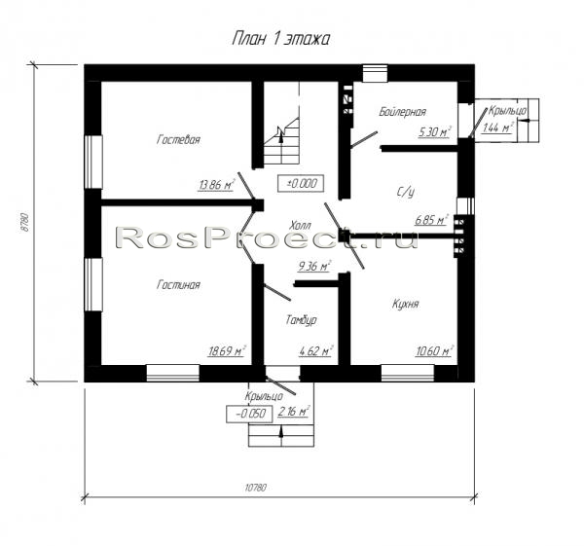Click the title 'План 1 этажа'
click(281, 39)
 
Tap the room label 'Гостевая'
click(178, 140)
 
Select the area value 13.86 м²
click(216, 184)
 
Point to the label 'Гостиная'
click(178, 285)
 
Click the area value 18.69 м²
click(227, 350)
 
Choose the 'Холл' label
click(300, 226)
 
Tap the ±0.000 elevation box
click(301, 183)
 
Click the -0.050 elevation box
click(250, 414)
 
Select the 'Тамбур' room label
click(302, 320)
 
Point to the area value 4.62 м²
click(315, 350)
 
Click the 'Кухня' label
click(406, 304)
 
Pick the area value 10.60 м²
click(433, 350)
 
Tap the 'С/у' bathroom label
click(405, 192)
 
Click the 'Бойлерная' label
click(402, 111)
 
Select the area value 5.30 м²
click(434, 131)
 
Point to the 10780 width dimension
click(255, 488)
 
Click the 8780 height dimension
click(25, 222)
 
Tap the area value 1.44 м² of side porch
click(498, 127)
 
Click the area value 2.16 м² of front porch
click(294, 412)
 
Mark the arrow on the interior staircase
click(281, 134)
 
